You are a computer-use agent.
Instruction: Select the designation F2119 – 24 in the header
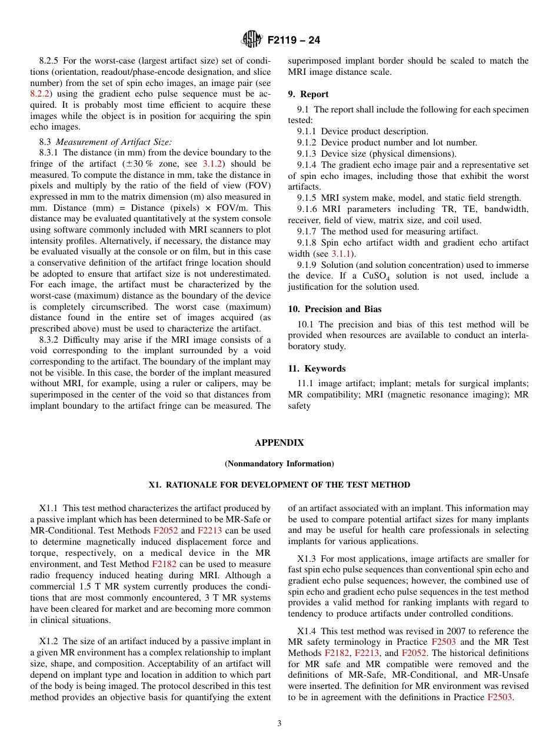tap(294, 41)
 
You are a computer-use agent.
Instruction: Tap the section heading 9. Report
tap(308, 94)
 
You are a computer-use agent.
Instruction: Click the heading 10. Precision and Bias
tap(335, 309)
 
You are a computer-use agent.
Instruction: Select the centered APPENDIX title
tap(279, 443)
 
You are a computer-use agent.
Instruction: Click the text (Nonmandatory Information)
tap(279, 464)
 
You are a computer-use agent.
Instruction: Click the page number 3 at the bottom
tap(279, 724)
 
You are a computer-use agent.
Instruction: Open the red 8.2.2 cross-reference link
tap(40, 94)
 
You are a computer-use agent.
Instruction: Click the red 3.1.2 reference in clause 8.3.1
tap(212, 164)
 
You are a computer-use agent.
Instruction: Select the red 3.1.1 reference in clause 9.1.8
tap(341, 254)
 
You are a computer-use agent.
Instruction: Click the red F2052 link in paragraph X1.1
tap(165, 531)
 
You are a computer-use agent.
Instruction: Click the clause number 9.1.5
tap(307, 198)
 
